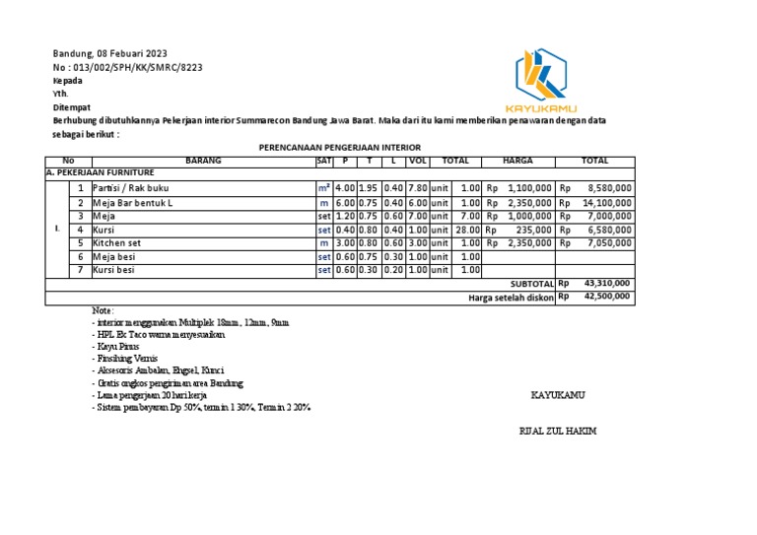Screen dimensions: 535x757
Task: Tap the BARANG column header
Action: coord(204,160)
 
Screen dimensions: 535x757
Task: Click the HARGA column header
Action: coord(517,160)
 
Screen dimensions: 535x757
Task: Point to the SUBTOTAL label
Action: coord(532,283)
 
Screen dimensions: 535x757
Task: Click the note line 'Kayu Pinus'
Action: coord(118,347)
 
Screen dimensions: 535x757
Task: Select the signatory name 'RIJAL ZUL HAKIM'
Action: coord(558,432)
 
